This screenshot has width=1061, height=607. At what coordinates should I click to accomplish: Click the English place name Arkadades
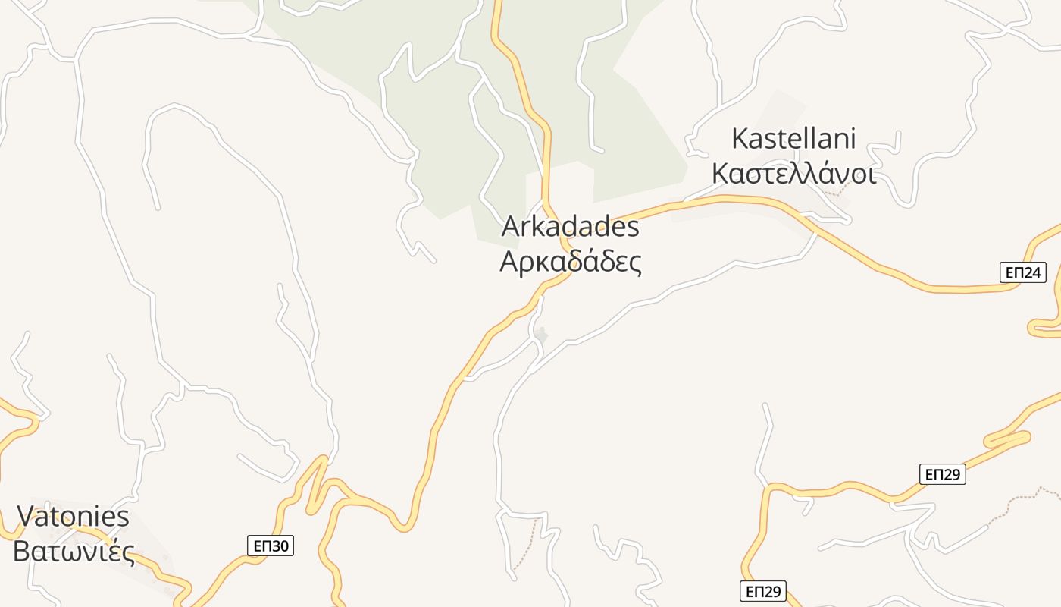click(570, 227)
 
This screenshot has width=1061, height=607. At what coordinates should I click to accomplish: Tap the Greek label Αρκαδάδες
click(570, 262)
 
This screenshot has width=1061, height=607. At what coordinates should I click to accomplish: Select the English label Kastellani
click(793, 139)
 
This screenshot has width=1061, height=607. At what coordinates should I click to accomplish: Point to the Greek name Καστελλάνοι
click(793, 174)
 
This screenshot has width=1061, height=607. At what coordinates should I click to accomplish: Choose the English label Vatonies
click(74, 517)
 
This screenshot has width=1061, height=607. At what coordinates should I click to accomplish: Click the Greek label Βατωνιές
click(74, 552)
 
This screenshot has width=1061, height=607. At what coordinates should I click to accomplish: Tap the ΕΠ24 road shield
click(1023, 272)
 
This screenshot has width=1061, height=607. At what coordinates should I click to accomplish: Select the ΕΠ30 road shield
click(270, 546)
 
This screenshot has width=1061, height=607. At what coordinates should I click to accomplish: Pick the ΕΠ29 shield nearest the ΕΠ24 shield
click(943, 475)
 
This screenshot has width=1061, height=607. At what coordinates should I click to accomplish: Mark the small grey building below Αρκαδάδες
click(541, 334)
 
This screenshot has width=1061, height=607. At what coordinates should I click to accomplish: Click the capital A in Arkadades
click(511, 227)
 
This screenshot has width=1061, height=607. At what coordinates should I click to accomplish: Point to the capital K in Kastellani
click(740, 139)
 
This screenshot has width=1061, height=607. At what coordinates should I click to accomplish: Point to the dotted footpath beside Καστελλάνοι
click(835, 193)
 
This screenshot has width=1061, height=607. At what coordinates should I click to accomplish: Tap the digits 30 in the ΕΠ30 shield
click(279, 546)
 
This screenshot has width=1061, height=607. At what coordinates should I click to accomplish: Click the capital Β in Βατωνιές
click(22, 552)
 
